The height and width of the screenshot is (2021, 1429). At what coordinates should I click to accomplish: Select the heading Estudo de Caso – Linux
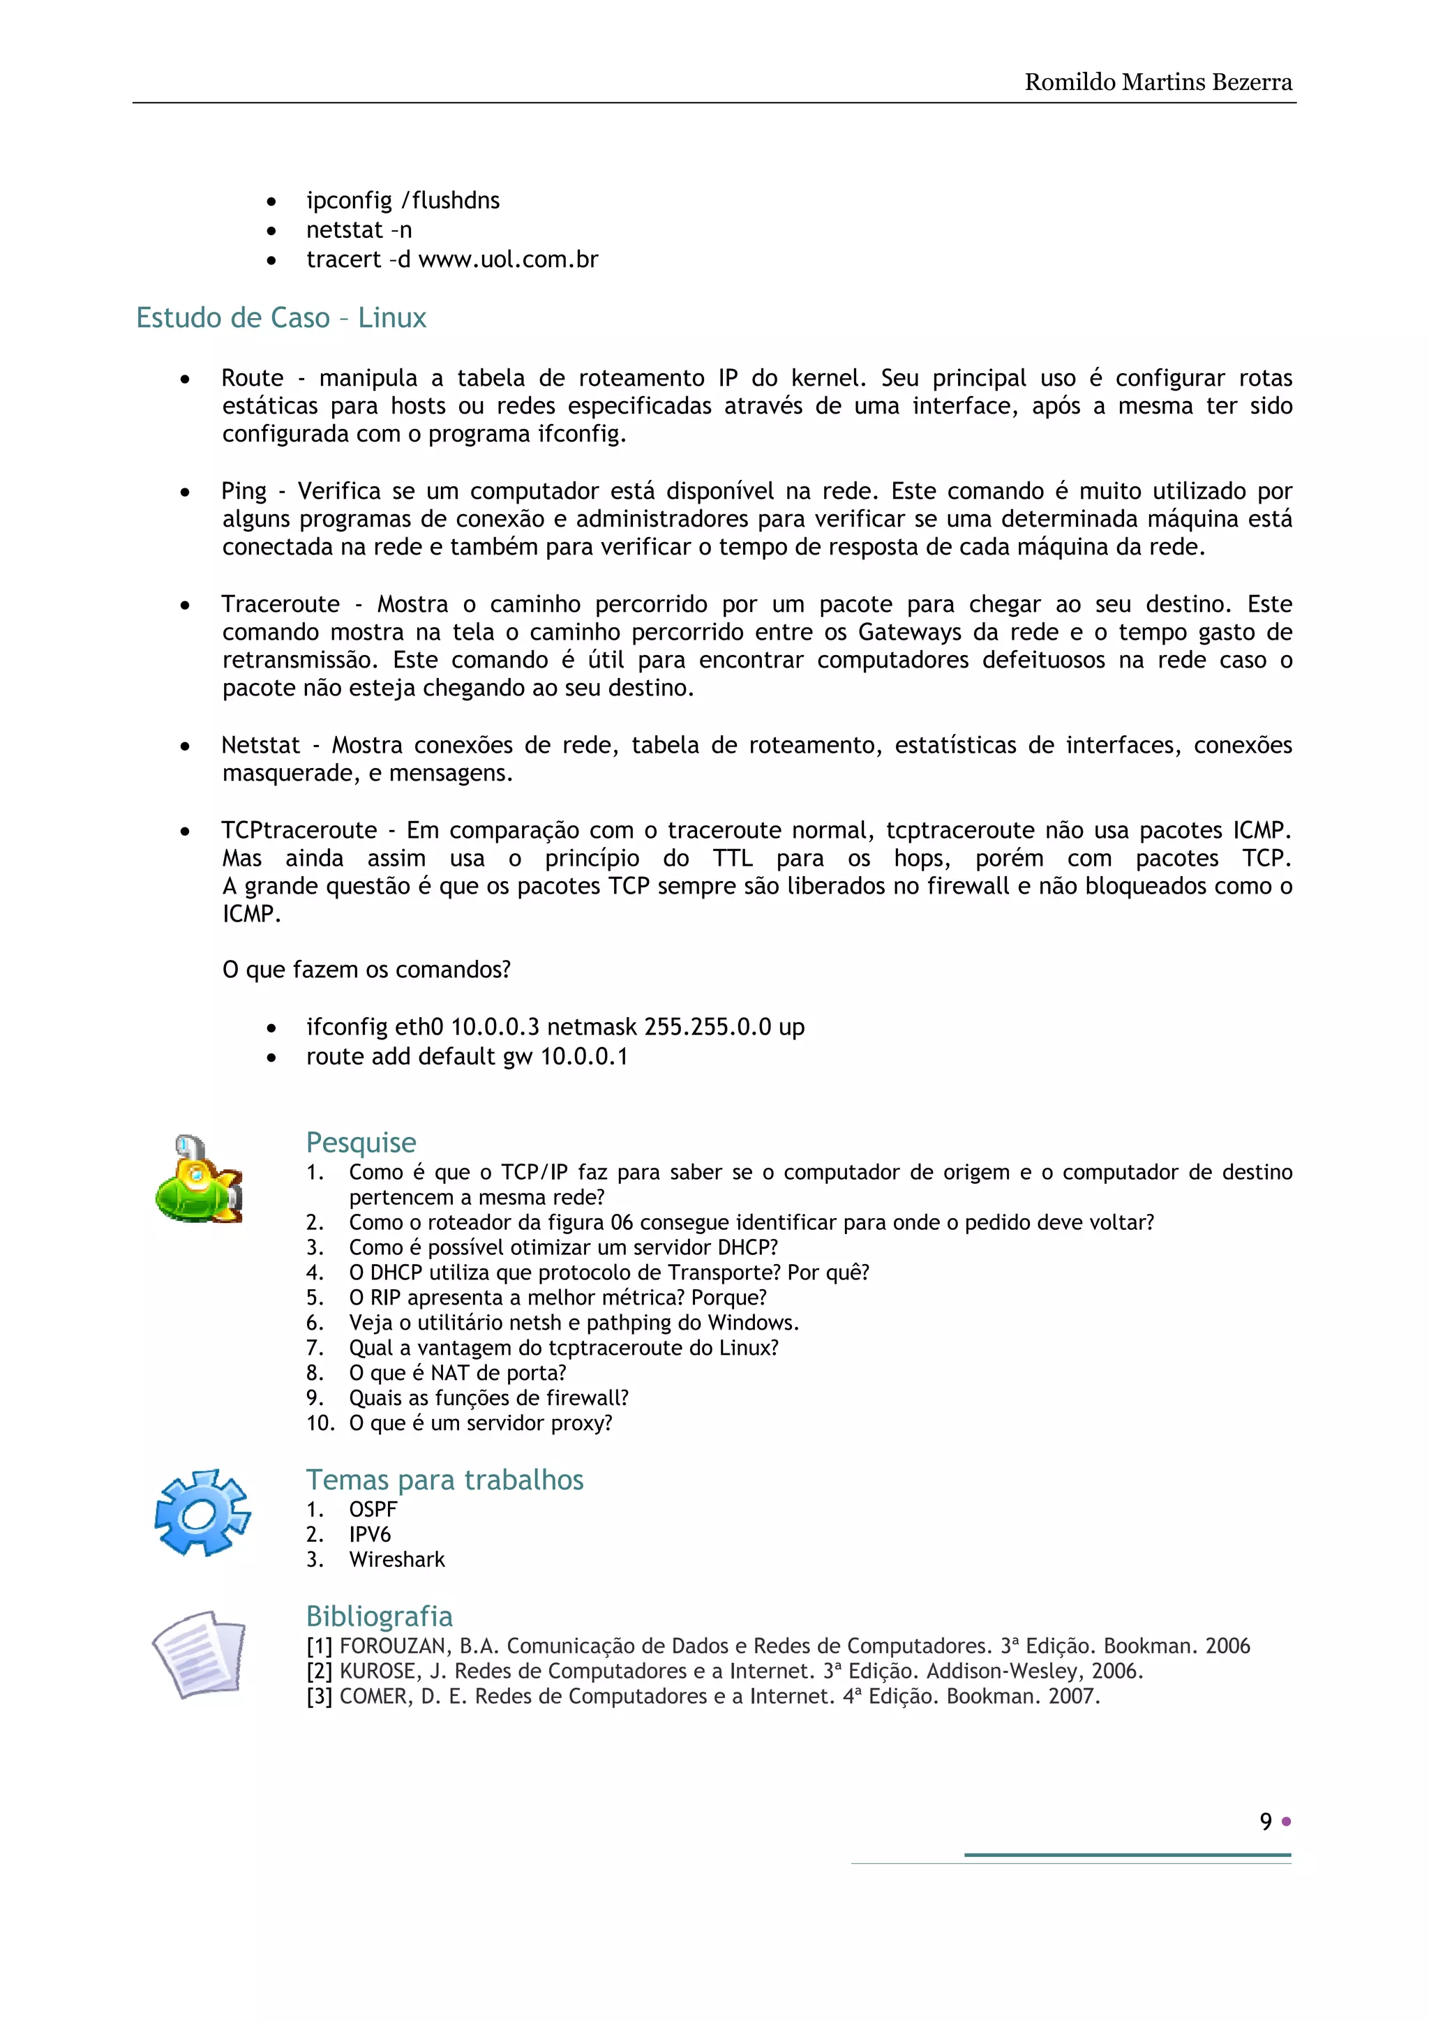[x=281, y=317]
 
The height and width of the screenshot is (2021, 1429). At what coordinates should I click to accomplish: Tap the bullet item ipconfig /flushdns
[x=403, y=201]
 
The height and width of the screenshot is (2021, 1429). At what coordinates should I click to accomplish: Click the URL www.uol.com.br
[x=508, y=260]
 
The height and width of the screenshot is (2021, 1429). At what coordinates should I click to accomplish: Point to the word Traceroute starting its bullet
[x=280, y=604]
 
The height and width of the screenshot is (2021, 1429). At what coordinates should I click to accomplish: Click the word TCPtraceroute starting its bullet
[x=299, y=830]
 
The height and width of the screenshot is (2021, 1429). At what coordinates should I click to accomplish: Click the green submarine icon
[x=198, y=1180]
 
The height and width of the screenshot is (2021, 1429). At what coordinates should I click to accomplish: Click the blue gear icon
[x=202, y=1512]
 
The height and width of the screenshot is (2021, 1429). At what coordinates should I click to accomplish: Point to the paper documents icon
[x=199, y=1654]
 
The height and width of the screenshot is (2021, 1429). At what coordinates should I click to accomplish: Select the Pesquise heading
[x=361, y=1142]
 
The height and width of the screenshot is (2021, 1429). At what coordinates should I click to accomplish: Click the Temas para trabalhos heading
[x=444, y=1480]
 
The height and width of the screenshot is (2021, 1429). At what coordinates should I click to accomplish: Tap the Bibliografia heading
[x=380, y=1616]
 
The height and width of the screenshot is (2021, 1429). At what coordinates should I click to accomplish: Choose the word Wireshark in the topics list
[x=397, y=1560]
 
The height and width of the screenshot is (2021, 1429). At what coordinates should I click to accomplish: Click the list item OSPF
[x=373, y=1509]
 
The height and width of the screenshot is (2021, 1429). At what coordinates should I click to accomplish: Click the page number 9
[x=1265, y=1821]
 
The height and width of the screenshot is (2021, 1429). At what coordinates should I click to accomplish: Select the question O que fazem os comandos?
[x=366, y=970]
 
